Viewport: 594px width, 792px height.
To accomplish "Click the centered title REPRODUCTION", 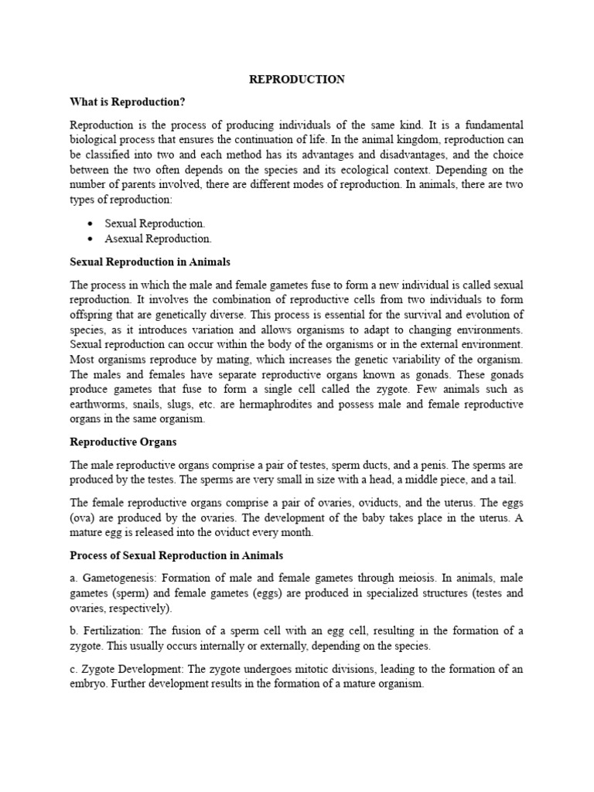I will point(296,80).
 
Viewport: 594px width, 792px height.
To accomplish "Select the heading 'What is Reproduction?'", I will point(128,102).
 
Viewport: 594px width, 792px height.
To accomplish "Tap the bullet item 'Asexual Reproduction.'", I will point(158,239).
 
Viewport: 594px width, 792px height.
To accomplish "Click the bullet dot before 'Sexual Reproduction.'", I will point(91,224).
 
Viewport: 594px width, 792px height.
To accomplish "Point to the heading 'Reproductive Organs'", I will point(123,442).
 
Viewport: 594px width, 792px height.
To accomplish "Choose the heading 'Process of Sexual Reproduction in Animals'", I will point(176,555).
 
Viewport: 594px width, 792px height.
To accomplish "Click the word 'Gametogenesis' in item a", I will point(115,579).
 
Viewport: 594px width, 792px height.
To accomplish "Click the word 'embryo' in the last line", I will point(88,684).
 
